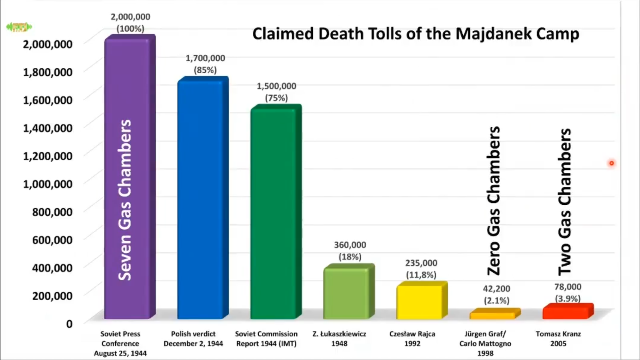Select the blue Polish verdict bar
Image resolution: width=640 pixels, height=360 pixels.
coord(200,200)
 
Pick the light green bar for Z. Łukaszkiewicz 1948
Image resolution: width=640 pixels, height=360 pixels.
coord(346,294)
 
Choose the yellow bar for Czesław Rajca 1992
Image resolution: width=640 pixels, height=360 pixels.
coord(419,302)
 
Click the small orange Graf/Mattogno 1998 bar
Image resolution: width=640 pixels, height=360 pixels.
coord(492,315)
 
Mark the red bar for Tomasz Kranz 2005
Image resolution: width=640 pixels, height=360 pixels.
coord(566,312)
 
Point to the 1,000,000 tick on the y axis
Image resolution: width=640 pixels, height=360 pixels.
coord(48,184)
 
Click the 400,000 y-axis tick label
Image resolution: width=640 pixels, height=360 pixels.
coord(52,268)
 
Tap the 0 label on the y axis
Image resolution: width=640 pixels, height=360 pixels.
coord(69,324)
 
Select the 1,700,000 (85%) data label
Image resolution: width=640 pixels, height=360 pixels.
coord(205,64)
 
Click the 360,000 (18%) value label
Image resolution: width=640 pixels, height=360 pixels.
coord(350,251)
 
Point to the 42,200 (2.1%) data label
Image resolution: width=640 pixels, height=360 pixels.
coord(496,294)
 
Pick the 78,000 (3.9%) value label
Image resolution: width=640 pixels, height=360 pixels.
coord(568,293)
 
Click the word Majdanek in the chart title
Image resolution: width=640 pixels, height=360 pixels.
coord(494,34)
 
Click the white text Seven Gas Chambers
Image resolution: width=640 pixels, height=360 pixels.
coord(124,200)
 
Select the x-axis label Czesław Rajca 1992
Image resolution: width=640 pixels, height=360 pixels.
coord(412,338)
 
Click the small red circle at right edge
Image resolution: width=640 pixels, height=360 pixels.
coord(611,163)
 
